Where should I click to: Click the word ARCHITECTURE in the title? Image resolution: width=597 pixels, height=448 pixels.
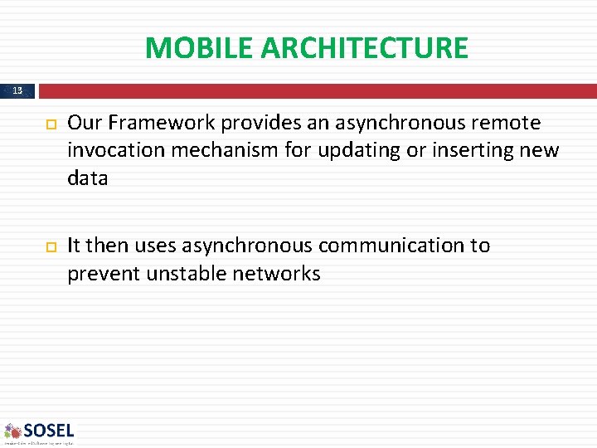[364, 48]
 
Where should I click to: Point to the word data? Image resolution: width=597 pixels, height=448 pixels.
[88, 178]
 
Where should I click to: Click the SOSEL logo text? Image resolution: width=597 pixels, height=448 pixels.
[49, 430]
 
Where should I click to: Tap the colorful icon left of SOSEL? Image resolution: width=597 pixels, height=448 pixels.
[12, 431]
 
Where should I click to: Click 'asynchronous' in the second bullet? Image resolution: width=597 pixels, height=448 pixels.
[247, 246]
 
